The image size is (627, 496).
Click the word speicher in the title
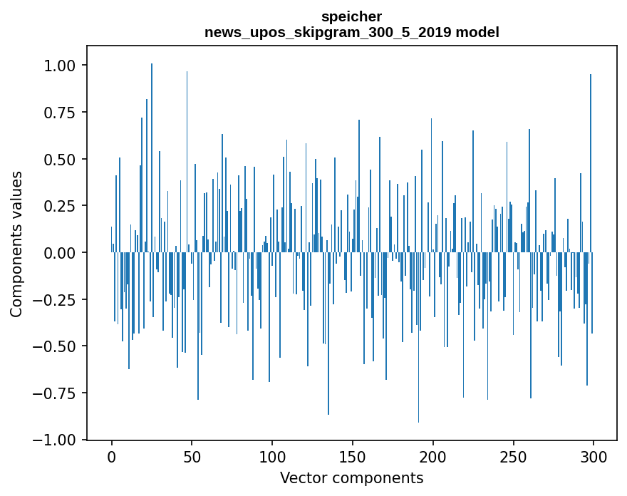[351, 16]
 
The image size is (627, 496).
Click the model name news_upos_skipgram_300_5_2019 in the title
[335, 32]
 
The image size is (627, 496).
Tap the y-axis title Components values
[16, 244]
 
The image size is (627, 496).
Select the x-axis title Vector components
[351, 477]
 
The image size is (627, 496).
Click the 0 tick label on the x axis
[112, 457]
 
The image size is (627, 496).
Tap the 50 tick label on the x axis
[192, 457]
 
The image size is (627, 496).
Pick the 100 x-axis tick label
[272, 457]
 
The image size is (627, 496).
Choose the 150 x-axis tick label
[353, 457]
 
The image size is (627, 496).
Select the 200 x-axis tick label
[432, 457]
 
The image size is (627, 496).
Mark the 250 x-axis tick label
[513, 457]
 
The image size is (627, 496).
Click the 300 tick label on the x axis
[593, 457]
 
